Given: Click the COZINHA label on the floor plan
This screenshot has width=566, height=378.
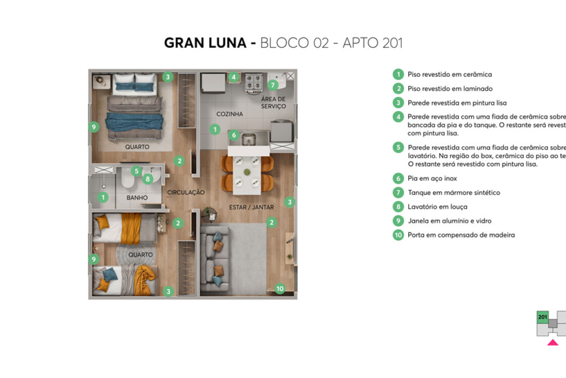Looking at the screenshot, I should (x=230, y=114).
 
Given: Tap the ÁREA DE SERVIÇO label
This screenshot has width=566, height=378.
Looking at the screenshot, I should (x=274, y=103).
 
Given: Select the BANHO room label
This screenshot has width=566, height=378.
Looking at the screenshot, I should (x=136, y=198).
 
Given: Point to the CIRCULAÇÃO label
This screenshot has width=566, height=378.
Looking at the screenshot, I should (x=186, y=192).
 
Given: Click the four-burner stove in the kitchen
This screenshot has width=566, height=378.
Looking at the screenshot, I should (x=254, y=84).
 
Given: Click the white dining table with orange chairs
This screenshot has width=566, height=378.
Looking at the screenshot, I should (x=248, y=173).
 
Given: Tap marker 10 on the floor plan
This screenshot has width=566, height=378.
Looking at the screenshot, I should (x=280, y=289).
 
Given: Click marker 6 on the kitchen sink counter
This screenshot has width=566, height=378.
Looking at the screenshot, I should (x=233, y=135).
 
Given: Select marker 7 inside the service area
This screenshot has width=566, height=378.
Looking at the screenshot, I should (x=273, y=85).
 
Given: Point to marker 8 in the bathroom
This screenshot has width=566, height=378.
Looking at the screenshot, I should (x=148, y=178).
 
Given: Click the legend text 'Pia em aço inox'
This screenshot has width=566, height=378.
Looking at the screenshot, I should (x=432, y=179).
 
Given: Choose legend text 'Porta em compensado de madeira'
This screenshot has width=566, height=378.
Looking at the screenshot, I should (x=461, y=235).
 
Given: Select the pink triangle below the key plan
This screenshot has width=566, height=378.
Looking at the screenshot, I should (x=552, y=343).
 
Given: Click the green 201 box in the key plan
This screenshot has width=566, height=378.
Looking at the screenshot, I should (x=542, y=317).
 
